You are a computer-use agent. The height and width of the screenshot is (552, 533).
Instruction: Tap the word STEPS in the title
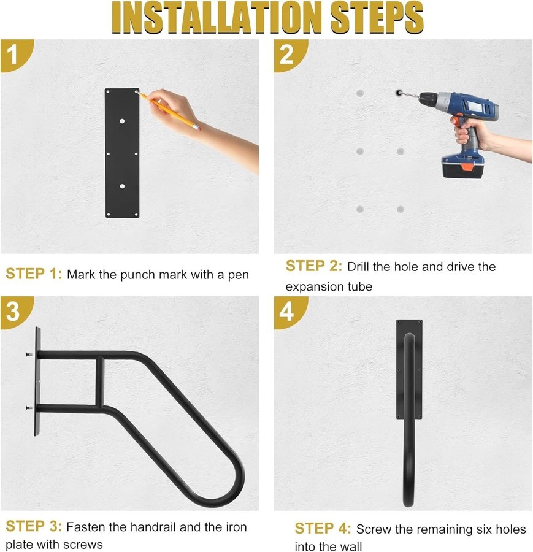point(377,18)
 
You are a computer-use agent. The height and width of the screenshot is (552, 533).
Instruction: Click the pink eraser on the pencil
point(198,128)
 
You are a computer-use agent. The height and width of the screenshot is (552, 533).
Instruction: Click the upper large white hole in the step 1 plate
point(122,121)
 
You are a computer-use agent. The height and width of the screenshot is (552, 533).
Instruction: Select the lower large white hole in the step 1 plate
point(122,186)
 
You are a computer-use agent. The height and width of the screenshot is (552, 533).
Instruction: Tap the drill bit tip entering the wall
point(399,93)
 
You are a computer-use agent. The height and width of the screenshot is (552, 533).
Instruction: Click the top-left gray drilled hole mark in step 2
point(360,93)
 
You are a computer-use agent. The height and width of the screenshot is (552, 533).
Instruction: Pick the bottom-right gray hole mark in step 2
point(401,210)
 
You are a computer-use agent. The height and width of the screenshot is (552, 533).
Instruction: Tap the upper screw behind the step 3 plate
point(29,354)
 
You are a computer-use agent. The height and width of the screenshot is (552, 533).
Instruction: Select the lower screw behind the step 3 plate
point(29,408)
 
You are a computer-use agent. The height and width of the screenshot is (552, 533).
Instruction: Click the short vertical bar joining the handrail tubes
point(100,381)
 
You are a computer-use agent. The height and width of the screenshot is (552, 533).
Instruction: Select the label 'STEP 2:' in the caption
point(313,266)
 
